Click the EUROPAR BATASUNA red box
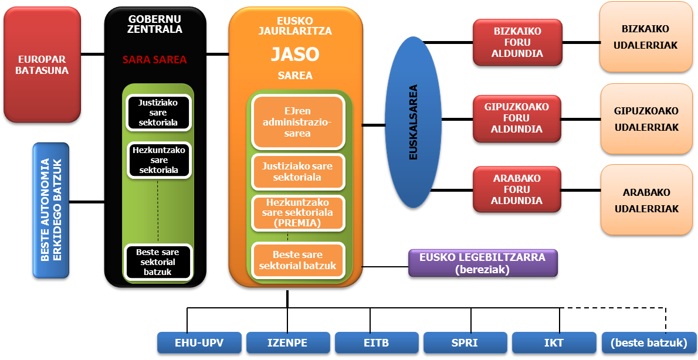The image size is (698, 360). (42, 64)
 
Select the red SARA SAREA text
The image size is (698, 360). (154, 59)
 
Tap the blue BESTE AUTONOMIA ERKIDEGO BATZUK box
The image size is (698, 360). (51, 210)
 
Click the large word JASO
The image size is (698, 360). (295, 55)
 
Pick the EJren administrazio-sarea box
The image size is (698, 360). (298, 122)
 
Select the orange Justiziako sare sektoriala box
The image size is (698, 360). (298, 171)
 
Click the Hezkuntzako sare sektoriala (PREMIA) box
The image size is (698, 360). (298, 212)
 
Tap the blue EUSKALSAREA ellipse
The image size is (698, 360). (414, 122)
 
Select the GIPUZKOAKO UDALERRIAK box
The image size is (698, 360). (646, 119)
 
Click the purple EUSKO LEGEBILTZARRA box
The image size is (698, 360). (482, 263)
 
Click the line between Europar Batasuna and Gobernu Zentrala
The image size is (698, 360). (92, 55)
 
